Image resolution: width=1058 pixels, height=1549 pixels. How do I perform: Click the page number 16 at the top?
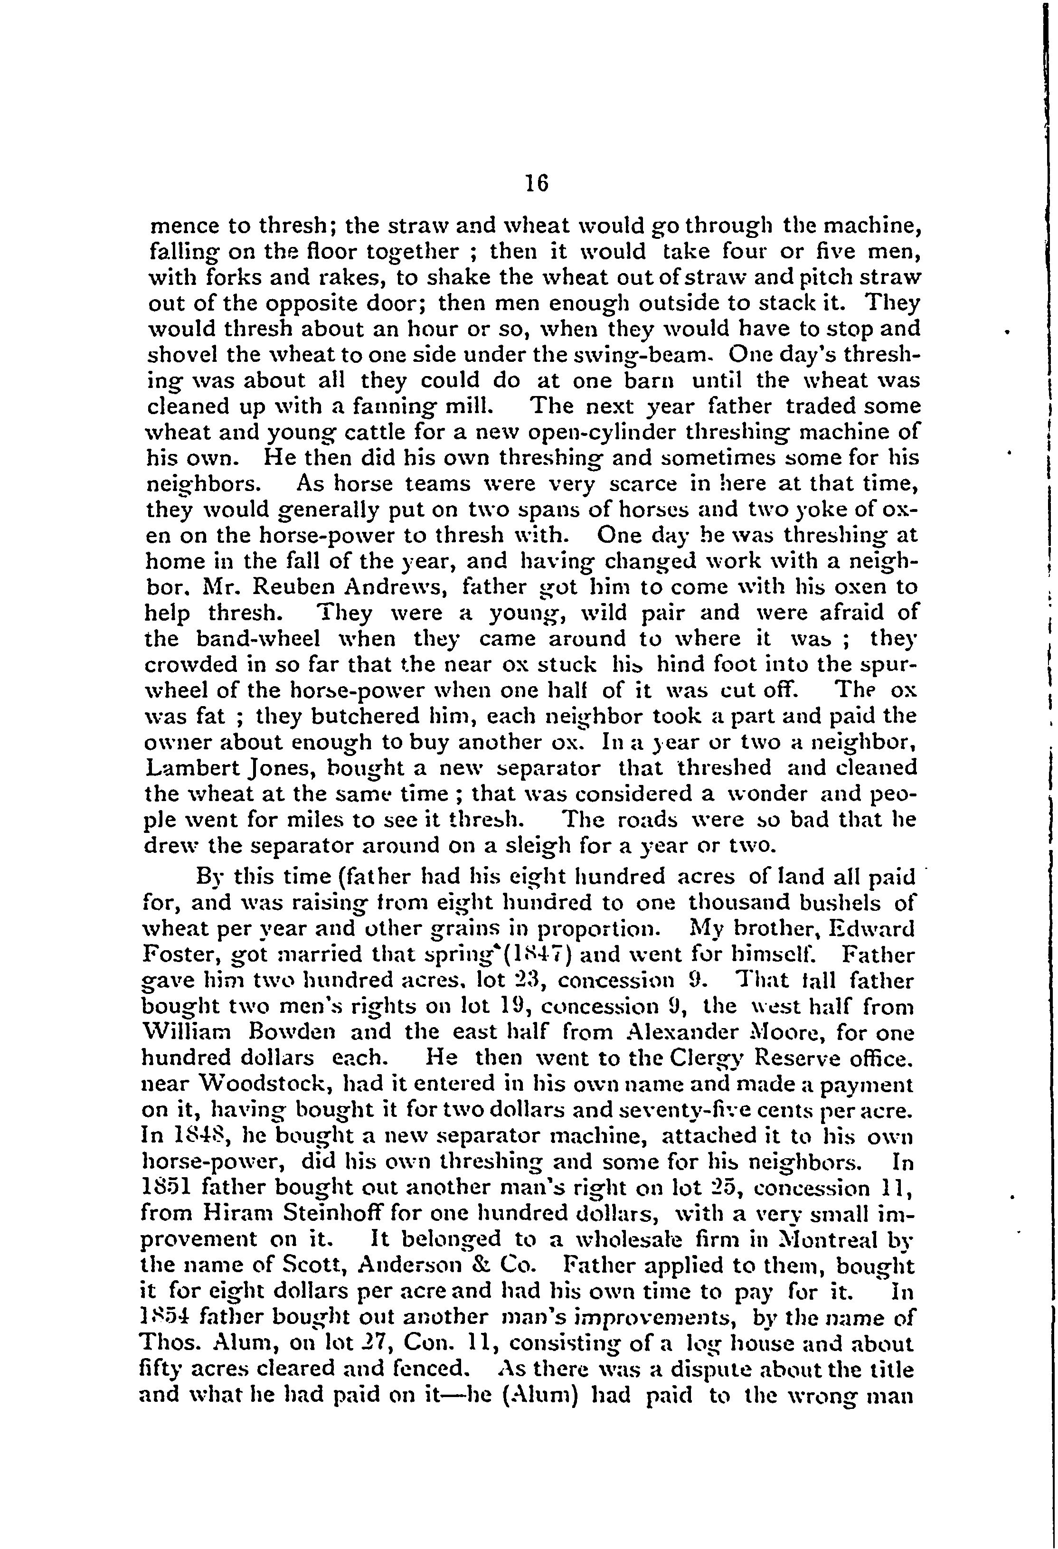pos(536,183)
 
